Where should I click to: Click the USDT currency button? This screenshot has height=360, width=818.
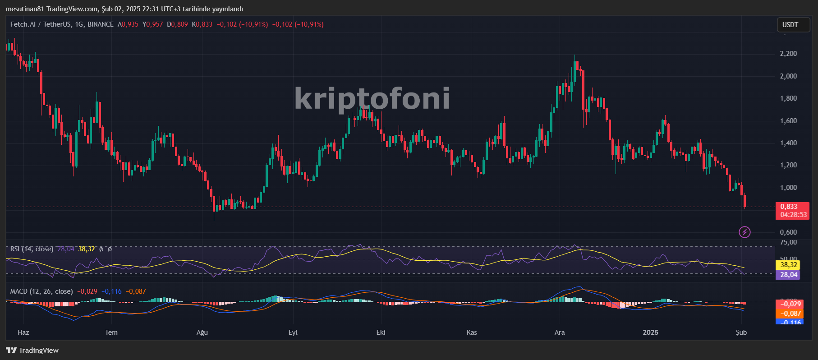pos(790,25)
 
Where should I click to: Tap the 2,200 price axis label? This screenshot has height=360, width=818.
pos(788,54)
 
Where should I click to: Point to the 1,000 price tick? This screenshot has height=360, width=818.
pos(788,188)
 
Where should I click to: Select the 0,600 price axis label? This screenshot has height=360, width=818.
pos(788,232)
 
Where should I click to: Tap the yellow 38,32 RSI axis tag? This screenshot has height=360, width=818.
pos(788,265)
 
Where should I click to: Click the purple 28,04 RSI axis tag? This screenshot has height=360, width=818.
pos(788,275)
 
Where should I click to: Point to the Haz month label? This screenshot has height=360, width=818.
pos(23,332)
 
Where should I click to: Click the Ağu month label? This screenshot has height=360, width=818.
pos(202,332)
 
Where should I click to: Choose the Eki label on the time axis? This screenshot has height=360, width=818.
pos(381,332)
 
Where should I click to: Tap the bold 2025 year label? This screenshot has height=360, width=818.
pos(650,332)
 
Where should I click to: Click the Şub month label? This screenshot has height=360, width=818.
pos(741,332)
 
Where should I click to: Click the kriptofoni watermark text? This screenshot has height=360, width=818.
pos(372,98)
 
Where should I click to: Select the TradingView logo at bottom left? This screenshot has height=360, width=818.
pos(32,351)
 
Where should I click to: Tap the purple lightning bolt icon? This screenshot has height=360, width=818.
pos(744,232)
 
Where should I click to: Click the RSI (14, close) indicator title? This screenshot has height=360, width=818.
pos(32,249)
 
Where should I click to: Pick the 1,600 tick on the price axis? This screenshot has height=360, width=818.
pos(788,121)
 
